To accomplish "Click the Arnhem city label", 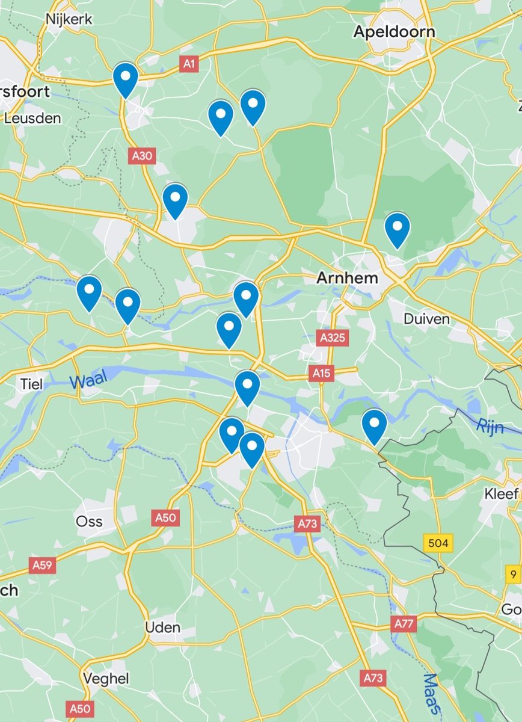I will tap(348, 278).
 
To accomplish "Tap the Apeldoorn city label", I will tap(394, 31).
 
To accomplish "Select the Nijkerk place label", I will tap(69, 19).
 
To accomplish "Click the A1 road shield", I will tap(189, 64).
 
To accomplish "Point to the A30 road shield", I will tap(143, 156).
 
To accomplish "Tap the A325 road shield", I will tap(333, 338).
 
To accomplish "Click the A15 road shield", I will tap(322, 374).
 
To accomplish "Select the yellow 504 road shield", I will tap(438, 543).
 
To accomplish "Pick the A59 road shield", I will tap(43, 565).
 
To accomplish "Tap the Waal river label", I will tap(88, 381).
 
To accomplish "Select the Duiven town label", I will tap(427, 318).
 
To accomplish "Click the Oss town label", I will tap(89, 521).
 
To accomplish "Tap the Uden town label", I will tap(162, 628).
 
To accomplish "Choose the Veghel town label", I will tap(106, 679).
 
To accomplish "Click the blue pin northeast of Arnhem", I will tap(397, 229).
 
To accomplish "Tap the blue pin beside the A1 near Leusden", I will tap(126, 79).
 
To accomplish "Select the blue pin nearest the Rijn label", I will tap(374, 425).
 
